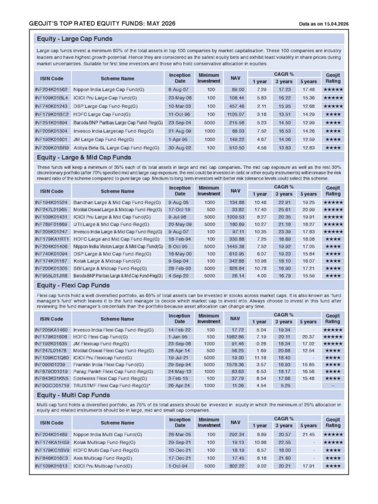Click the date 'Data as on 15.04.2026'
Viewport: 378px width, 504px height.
click(x=323, y=24)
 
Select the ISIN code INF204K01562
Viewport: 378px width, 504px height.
click(x=51, y=90)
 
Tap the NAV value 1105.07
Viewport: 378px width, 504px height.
click(x=235, y=114)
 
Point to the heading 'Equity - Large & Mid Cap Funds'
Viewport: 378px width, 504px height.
click(x=84, y=157)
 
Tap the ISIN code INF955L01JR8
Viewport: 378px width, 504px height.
click(x=51, y=276)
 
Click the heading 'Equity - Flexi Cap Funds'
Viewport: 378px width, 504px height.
click(x=73, y=285)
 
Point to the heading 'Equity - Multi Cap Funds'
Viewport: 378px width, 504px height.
click(x=73, y=395)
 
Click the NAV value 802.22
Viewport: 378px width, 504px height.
click(x=235, y=465)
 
